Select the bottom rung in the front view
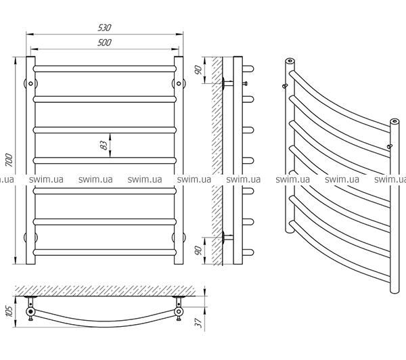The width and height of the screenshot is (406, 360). click(x=105, y=252)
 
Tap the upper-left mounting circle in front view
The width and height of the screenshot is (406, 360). click(x=30, y=84)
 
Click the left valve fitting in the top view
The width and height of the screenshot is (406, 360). click(x=30, y=312)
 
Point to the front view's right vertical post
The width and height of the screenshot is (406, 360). click(x=179, y=162)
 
